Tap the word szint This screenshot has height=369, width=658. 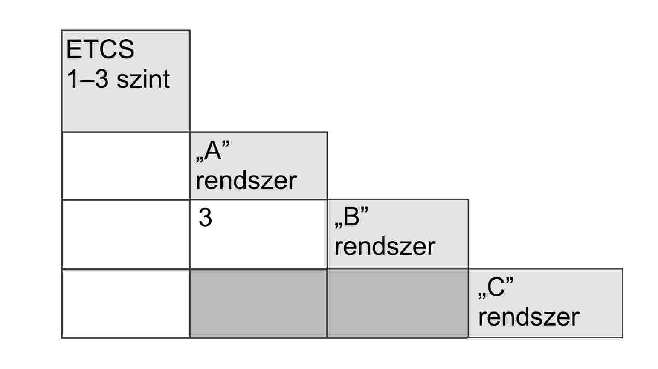(x=143, y=79)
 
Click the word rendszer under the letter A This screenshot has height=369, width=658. (x=246, y=180)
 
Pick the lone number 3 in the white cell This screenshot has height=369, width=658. (x=205, y=218)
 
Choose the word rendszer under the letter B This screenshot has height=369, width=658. (x=385, y=247)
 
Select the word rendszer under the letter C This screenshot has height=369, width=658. (x=528, y=317)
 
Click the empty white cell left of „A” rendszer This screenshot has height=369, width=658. (x=126, y=166)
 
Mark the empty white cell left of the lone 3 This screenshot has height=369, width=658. (x=126, y=234)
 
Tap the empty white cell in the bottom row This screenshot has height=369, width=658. (x=126, y=303)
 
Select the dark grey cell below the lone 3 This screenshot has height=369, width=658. (x=258, y=303)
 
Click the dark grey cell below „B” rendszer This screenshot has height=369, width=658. (x=397, y=303)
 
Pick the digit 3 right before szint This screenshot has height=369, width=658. (x=101, y=79)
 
